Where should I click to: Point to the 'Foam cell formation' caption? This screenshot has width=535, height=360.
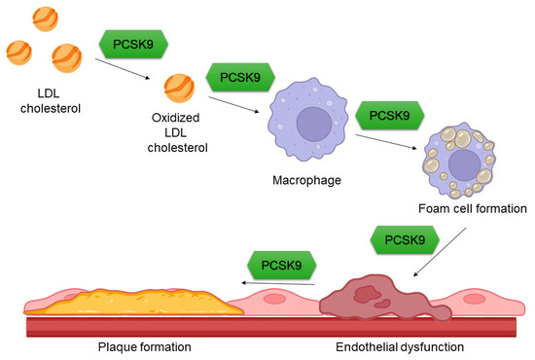point(471,208)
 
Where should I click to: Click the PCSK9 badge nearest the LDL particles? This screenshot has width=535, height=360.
point(132,44)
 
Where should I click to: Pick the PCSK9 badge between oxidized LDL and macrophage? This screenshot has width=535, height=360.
point(238,76)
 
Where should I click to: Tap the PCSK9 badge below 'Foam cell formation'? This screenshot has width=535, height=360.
point(404,238)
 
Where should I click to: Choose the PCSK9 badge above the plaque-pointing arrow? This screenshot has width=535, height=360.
point(282,262)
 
